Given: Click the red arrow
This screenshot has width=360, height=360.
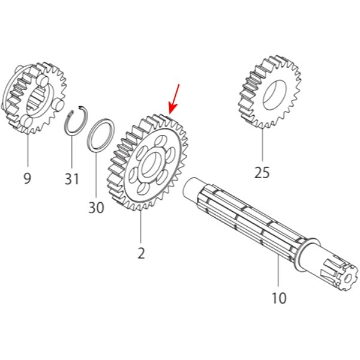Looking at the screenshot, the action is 174,99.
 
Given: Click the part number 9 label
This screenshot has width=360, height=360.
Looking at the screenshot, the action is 27,178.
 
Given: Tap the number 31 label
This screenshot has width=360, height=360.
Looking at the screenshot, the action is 71,179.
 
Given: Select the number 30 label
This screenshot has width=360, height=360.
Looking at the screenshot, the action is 96,208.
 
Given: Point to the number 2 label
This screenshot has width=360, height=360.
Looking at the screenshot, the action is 141,253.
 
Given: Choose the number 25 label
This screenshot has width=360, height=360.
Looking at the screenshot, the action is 262,172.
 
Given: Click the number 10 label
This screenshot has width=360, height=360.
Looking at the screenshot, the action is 279,298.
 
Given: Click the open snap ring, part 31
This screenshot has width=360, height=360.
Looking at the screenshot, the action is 76,120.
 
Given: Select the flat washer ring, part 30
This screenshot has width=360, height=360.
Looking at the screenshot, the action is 101,135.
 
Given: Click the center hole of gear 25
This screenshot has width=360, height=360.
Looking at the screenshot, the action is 275,95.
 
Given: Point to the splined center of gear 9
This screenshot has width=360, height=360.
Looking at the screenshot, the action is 37,99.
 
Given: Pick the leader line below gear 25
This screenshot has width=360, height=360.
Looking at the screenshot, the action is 262,145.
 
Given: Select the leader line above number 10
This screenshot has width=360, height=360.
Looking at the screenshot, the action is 278,271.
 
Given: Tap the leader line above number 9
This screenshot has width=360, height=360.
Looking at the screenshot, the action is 28,149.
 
